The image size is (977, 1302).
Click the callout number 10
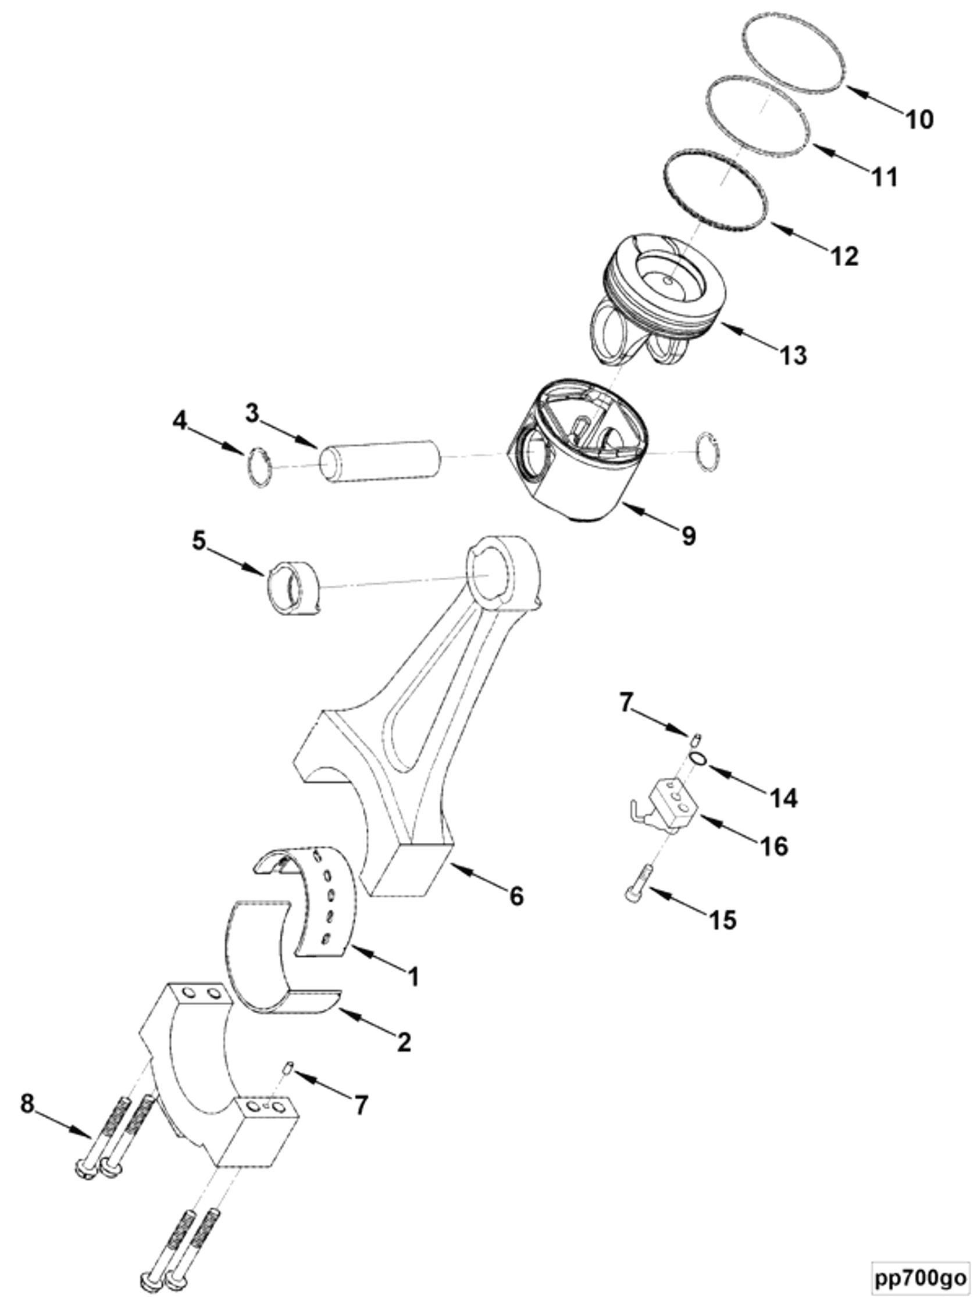pos(919,120)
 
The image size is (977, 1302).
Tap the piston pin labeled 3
pos(380,462)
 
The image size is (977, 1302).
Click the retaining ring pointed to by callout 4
pos(260,467)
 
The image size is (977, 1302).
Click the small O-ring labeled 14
pos(697,760)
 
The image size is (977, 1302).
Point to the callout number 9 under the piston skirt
pos(689,536)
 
